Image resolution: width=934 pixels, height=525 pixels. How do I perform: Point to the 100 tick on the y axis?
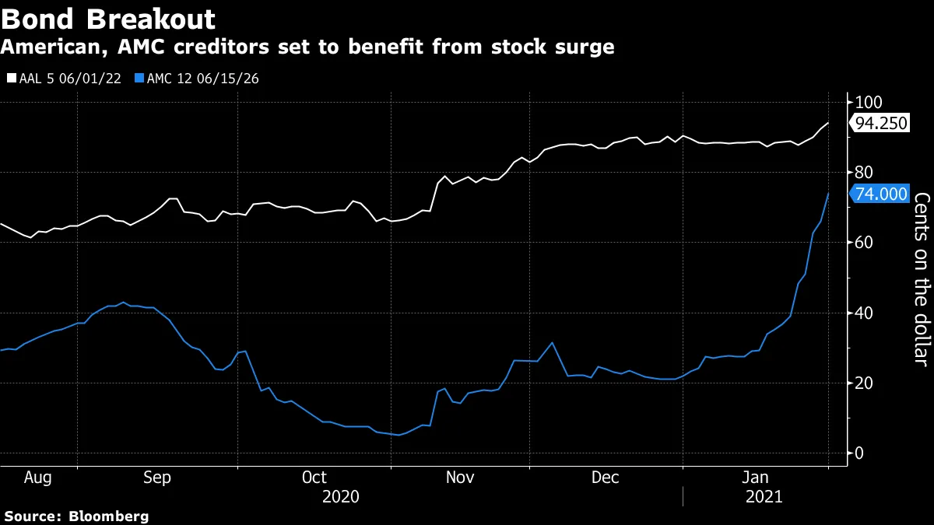(x=868, y=102)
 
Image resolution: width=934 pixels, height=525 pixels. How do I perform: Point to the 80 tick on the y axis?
(x=864, y=172)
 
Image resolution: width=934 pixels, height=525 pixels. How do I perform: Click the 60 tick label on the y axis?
(x=864, y=242)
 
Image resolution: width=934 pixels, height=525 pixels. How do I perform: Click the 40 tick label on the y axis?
(x=864, y=313)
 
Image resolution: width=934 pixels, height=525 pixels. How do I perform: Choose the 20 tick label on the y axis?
(x=864, y=383)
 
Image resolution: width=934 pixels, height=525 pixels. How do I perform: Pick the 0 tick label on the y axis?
(x=859, y=453)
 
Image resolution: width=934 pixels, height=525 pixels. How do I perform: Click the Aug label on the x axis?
(x=37, y=477)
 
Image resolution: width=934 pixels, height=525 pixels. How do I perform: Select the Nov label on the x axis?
(x=459, y=477)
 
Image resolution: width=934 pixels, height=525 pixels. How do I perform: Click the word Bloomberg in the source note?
(x=108, y=516)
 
